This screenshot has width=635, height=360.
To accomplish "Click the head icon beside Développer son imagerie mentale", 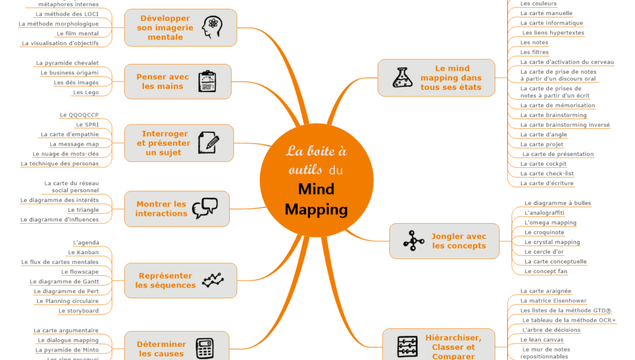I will [212, 27].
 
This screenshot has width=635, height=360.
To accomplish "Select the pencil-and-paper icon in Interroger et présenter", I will [208, 143].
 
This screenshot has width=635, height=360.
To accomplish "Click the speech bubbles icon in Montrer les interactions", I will [205, 208].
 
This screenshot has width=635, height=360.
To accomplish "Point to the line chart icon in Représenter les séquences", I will [212, 280].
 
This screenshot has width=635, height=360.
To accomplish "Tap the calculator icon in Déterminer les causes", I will [205, 348].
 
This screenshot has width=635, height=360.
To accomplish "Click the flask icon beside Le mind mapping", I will [403, 78].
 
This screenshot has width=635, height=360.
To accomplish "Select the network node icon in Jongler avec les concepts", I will [414, 241].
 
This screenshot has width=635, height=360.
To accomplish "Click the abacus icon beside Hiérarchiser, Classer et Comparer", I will [407, 346].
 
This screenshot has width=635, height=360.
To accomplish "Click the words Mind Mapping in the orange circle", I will [316, 199].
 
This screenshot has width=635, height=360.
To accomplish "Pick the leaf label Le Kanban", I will [83, 252].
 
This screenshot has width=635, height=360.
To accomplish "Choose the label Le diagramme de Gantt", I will [64, 282].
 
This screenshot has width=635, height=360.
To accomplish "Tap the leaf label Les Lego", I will [86, 92].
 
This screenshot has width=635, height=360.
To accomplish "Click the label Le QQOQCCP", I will [79, 115].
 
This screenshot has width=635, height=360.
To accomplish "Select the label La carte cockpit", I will [543, 164].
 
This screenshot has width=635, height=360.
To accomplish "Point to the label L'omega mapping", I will [550, 223].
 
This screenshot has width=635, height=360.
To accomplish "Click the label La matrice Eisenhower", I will [553, 301].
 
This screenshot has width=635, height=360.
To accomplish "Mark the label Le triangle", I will [83, 210].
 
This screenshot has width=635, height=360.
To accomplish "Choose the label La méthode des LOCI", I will [67, 14].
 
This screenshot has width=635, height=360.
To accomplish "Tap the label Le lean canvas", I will [542, 340].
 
